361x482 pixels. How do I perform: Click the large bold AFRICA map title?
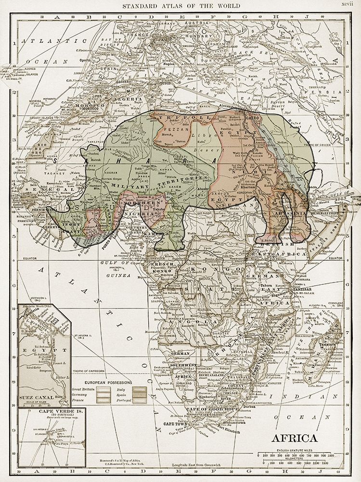[295, 439]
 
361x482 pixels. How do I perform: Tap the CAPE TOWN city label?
[175, 423]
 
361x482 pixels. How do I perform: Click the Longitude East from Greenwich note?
[203, 465]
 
